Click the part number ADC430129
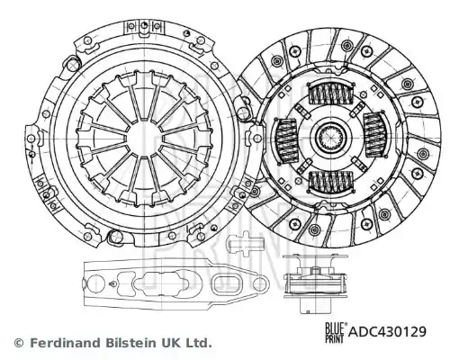[387, 332]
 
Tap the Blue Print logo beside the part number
[337, 332]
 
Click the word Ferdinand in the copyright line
[66, 343]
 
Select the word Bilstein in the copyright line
[130, 343]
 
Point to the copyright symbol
[19, 343]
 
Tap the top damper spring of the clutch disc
[330, 93]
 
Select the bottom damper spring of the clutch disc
[330, 183]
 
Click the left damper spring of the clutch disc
[285, 141]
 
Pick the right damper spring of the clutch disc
[375, 135]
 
